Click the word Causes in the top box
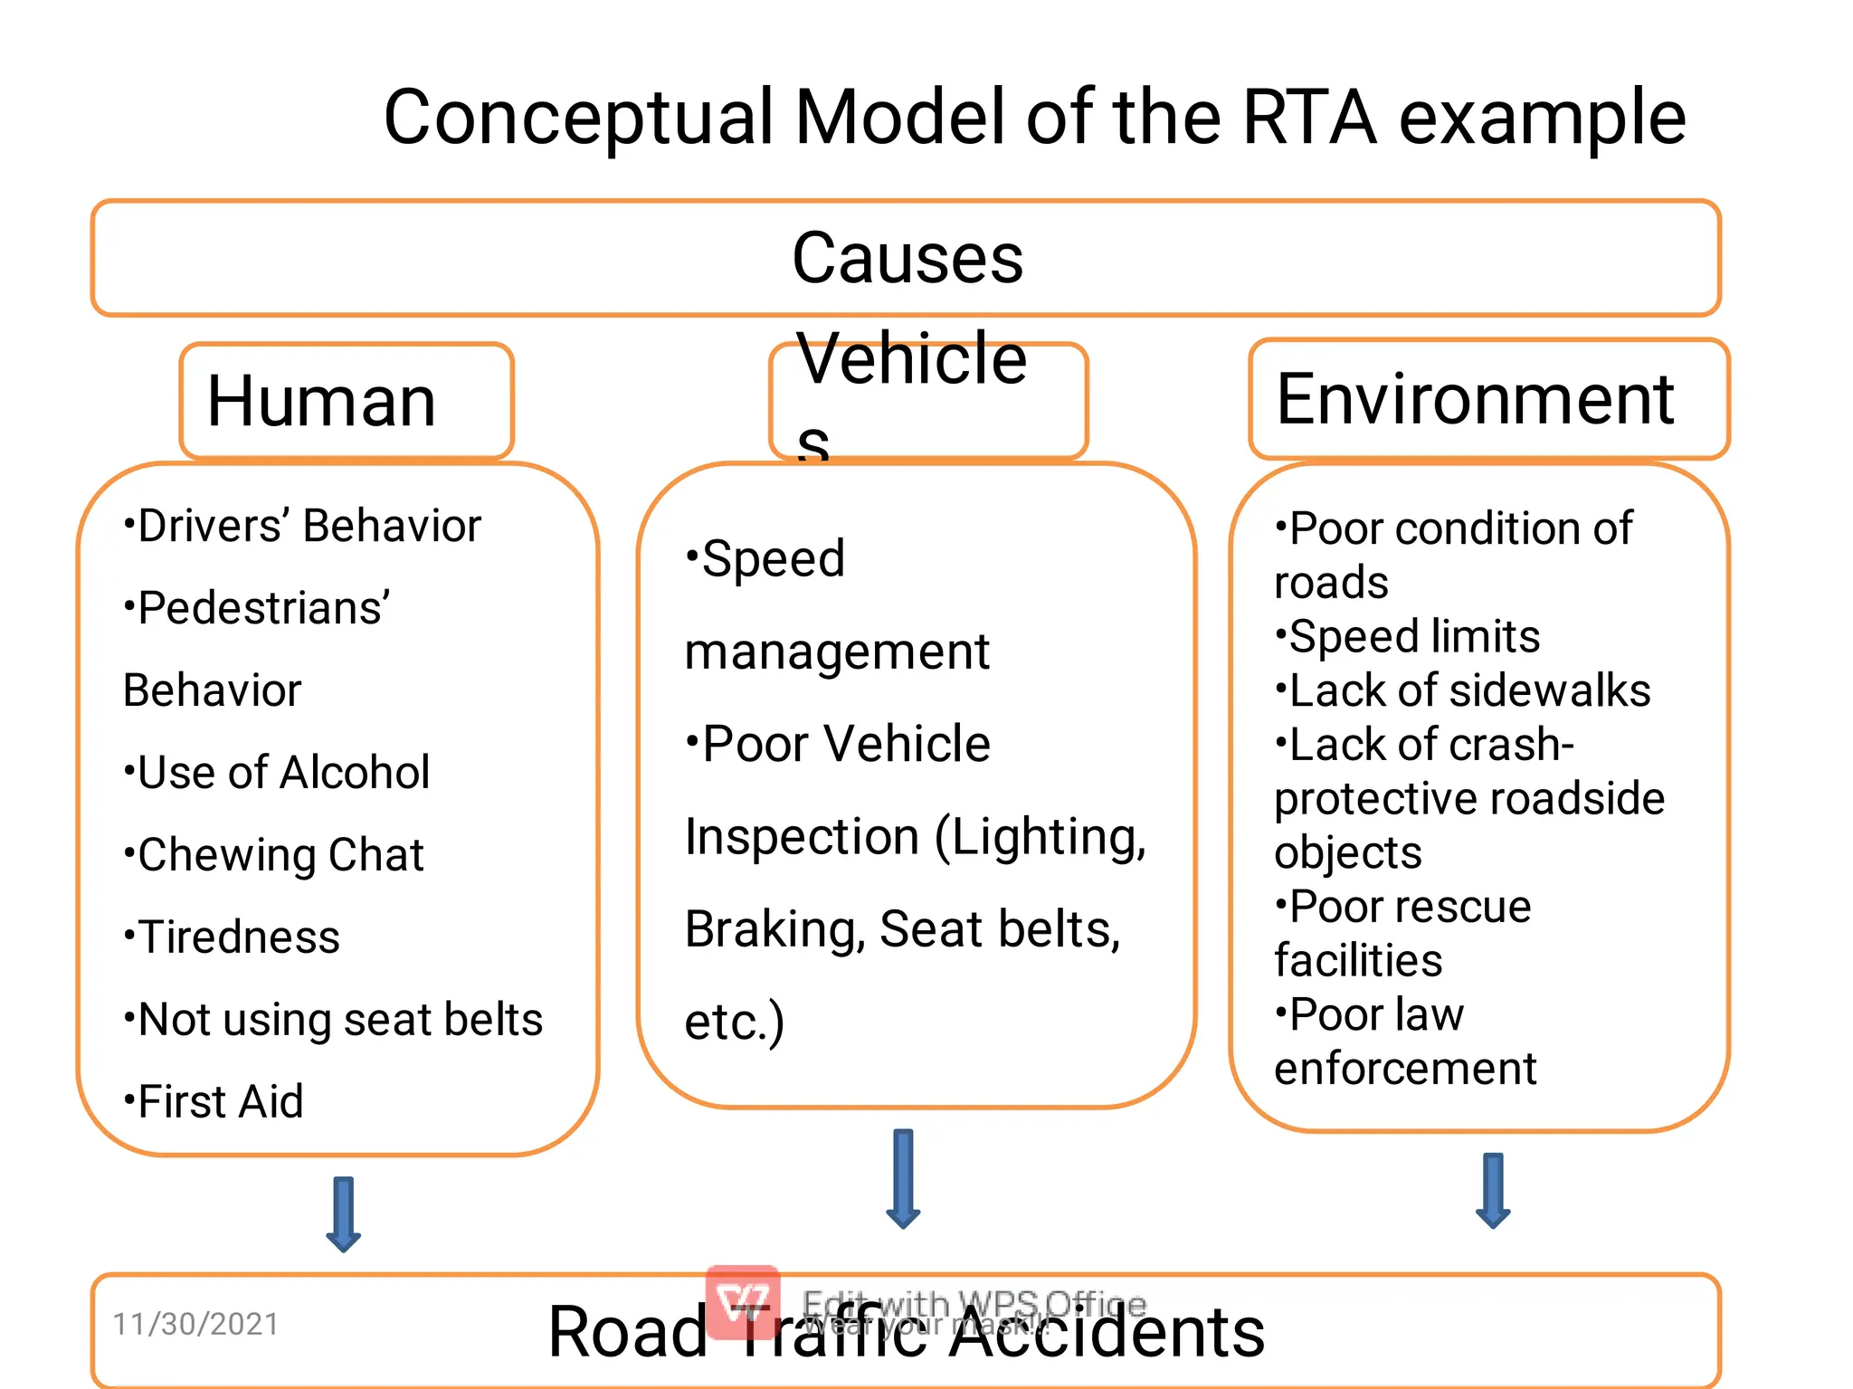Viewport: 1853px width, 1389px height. pyautogui.click(x=907, y=259)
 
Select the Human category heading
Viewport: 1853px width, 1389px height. pyautogui.click(x=322, y=401)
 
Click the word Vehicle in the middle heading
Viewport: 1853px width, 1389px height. pyautogui.click(x=911, y=359)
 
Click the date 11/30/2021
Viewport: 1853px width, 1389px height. pyautogui.click(x=195, y=1324)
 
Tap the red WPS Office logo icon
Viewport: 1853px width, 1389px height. pyautogui.click(x=743, y=1301)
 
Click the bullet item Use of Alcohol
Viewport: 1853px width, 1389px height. pyautogui.click(x=277, y=773)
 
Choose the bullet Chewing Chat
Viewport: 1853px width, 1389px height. pyautogui.click(x=274, y=855)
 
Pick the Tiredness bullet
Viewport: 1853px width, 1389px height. pyautogui.click(x=233, y=937)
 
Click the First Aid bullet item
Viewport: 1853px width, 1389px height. pyautogui.click(x=214, y=1102)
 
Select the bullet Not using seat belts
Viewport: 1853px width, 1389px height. pyautogui.click(x=333, y=1020)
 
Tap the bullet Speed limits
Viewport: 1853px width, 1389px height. pyautogui.click(x=1408, y=636)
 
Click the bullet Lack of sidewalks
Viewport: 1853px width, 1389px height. pyautogui.click(x=1463, y=690)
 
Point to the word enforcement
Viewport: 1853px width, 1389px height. pyautogui.click(x=1405, y=1069)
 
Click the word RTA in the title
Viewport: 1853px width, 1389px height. pyautogui.click(x=1309, y=118)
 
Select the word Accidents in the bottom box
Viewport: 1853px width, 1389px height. pyautogui.click(x=1106, y=1332)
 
